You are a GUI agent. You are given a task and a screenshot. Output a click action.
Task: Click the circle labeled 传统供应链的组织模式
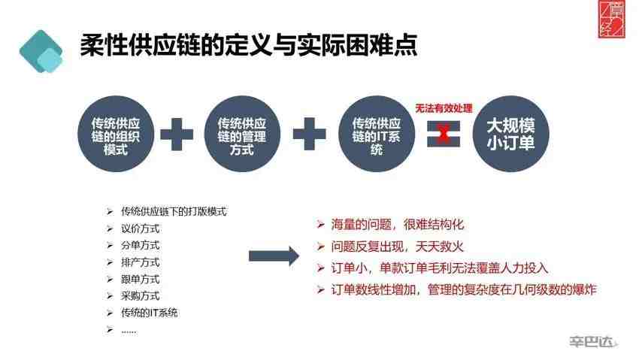[x=116, y=134]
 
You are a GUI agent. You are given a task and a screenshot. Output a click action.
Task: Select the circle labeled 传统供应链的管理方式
[x=242, y=134]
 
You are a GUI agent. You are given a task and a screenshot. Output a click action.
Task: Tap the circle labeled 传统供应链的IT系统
[x=377, y=134]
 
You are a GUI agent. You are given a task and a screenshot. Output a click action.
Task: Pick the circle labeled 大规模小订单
[x=511, y=134]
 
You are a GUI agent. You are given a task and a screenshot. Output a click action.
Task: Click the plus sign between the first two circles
[x=177, y=135]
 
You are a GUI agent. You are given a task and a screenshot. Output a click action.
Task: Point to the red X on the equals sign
[x=444, y=134]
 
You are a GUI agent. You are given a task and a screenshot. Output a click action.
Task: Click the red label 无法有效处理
[x=444, y=108]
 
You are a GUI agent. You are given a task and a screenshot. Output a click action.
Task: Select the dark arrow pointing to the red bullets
[x=274, y=256]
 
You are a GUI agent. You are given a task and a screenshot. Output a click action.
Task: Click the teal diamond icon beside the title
[x=41, y=51]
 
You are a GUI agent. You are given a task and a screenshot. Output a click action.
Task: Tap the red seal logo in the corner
[x=612, y=20]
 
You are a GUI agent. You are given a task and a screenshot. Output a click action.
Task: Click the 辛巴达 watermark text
[x=592, y=341]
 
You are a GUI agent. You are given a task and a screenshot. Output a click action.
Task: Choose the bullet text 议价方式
[x=140, y=228]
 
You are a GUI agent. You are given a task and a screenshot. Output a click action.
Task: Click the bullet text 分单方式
[x=140, y=245]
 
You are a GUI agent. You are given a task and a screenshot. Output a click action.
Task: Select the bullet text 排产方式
[x=140, y=262]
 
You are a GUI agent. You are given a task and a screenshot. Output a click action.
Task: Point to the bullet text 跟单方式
[x=140, y=280]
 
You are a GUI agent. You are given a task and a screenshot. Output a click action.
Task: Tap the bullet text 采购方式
[x=140, y=295]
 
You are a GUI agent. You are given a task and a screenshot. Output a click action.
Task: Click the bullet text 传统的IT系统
[x=150, y=313]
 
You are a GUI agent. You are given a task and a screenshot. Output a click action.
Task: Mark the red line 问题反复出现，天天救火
[x=397, y=247]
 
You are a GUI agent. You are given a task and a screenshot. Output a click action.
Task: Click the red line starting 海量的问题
[x=397, y=225]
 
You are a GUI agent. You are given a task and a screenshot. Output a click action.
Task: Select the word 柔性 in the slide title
[x=104, y=44]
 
